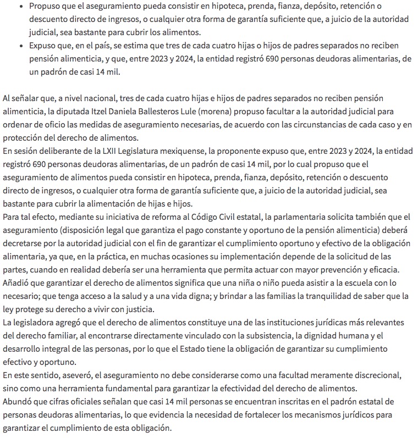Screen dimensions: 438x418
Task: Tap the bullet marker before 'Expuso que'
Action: (x=20, y=46)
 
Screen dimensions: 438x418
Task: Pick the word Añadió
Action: (x=17, y=283)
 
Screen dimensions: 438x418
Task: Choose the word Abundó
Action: (x=18, y=402)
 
